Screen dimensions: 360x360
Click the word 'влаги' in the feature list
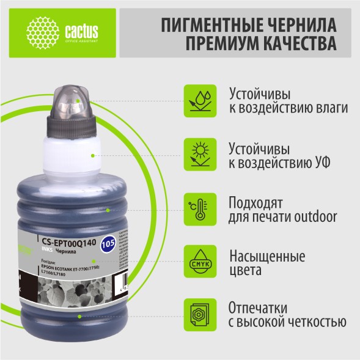coord(330,108)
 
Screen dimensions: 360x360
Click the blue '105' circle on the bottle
coord(108,244)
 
